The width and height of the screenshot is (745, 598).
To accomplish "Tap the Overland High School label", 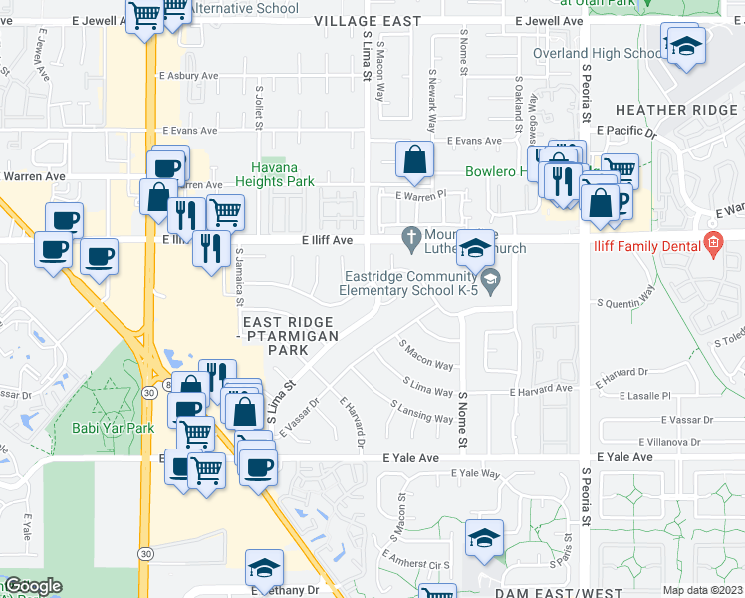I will click(x=597, y=53).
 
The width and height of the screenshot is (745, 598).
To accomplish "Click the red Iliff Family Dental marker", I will click(x=711, y=242).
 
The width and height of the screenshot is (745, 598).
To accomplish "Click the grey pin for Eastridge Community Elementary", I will click(x=491, y=285).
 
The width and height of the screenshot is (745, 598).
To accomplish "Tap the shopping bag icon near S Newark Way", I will click(x=414, y=159).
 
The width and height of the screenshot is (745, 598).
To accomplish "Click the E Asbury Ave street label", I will click(x=188, y=75).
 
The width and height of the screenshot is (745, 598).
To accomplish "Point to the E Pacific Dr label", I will click(x=626, y=131).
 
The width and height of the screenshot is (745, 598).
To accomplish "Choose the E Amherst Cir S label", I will click(x=419, y=563).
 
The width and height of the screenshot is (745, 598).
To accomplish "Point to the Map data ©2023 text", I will click(x=701, y=590).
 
